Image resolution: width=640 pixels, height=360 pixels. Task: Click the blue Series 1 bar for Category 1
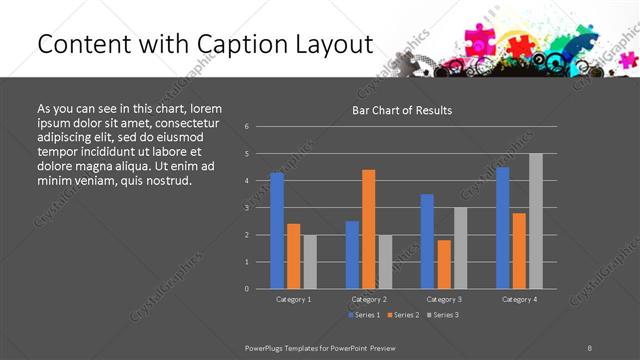pyautogui.click(x=277, y=231)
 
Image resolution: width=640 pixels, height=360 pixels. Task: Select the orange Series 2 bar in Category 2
pyautogui.click(x=369, y=229)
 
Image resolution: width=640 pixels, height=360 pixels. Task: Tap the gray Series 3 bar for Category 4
pyautogui.click(x=536, y=221)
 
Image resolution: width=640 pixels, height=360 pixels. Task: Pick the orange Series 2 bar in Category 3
pyautogui.click(x=444, y=264)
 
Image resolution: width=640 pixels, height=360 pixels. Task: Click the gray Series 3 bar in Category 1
pyautogui.click(x=310, y=262)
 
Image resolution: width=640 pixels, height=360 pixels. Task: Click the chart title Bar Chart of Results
pyautogui.click(x=402, y=110)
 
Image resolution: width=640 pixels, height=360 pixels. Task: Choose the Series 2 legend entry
pyautogui.click(x=403, y=315)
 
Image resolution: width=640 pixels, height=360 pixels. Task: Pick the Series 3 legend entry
pyautogui.click(x=443, y=315)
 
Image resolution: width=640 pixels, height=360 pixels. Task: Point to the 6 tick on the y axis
pyautogui.click(x=247, y=127)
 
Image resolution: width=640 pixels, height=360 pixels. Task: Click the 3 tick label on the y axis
pyautogui.click(x=247, y=208)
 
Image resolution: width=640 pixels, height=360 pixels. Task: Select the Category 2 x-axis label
pyautogui.click(x=369, y=299)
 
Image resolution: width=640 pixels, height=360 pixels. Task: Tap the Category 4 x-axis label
pyautogui.click(x=519, y=299)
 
